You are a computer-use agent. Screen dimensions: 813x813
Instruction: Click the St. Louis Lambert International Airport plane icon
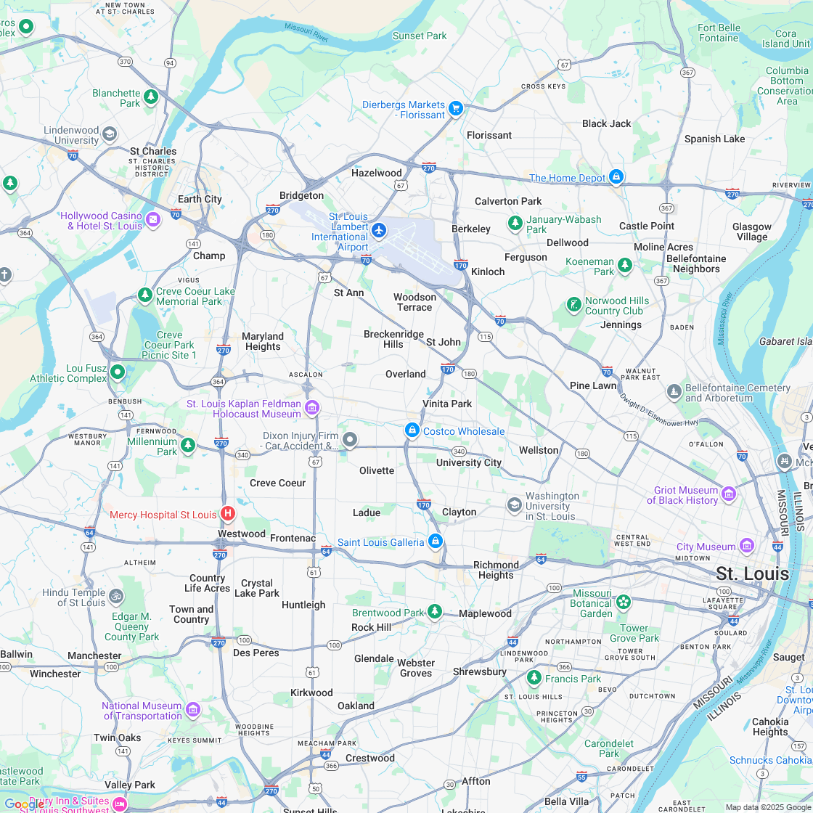[x=378, y=230]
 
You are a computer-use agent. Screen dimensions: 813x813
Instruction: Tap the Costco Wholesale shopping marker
[x=412, y=430]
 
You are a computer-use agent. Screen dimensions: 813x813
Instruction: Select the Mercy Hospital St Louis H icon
[x=227, y=514]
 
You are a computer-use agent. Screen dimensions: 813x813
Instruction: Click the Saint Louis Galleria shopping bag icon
[x=435, y=541]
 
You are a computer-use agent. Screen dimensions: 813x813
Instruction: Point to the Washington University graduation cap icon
[x=514, y=504]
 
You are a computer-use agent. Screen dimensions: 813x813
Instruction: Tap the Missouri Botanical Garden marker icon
[x=623, y=602]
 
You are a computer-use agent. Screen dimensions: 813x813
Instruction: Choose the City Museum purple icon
[x=747, y=546]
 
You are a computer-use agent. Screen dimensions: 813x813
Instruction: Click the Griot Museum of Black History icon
[x=728, y=494]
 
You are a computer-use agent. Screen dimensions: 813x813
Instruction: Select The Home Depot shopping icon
[x=616, y=176]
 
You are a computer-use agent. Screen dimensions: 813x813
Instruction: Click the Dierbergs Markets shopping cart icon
[x=456, y=108]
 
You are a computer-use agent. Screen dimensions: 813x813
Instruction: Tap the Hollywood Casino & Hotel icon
[x=153, y=219]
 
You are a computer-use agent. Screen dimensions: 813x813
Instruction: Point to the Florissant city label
[x=489, y=135]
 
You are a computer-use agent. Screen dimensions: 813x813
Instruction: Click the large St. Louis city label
[x=752, y=573]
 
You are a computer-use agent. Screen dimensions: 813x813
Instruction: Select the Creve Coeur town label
[x=277, y=483]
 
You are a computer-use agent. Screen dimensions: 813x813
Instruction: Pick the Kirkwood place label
[x=311, y=693]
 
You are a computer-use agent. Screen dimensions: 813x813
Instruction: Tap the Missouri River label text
[x=306, y=29]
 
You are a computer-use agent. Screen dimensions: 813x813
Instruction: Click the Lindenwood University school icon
[x=109, y=134]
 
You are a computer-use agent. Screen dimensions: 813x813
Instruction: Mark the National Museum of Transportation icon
[x=192, y=709]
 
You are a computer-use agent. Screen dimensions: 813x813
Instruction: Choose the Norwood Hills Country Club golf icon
[x=573, y=304]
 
